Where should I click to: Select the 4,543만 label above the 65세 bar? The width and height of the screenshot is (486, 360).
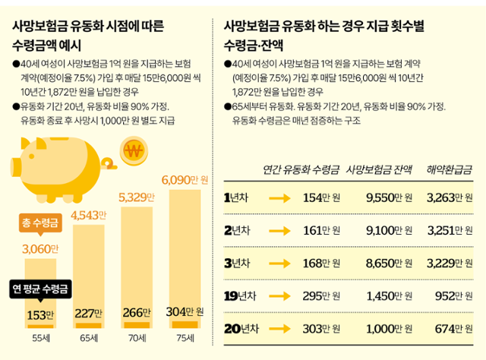[x=89, y=216]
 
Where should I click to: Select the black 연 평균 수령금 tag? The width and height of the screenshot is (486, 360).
[x=41, y=289]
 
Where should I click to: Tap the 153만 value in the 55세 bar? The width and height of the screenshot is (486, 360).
[x=40, y=313]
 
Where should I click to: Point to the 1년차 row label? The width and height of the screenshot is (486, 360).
[x=238, y=198]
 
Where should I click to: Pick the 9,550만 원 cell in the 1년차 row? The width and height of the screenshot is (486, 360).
[x=388, y=198]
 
